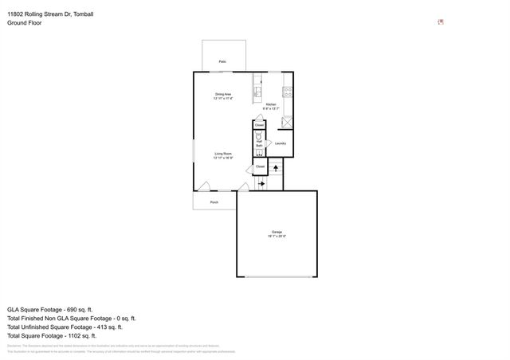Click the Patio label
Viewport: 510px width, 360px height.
(x=222, y=60)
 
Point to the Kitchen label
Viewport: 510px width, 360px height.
(x=270, y=104)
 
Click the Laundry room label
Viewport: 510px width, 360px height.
(x=280, y=143)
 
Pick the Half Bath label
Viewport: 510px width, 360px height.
(x=259, y=144)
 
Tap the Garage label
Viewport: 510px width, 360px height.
(x=277, y=233)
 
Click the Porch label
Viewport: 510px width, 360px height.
(x=214, y=202)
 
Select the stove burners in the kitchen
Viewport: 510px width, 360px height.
(x=288, y=90)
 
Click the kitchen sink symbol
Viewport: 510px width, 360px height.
(x=258, y=90)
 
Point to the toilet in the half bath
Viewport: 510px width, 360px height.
(x=259, y=135)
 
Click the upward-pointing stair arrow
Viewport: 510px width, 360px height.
(x=276, y=168)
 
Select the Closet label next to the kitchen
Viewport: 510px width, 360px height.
(x=259, y=124)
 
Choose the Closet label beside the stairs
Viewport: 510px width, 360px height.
(x=260, y=166)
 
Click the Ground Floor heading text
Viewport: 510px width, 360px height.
(x=25, y=23)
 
